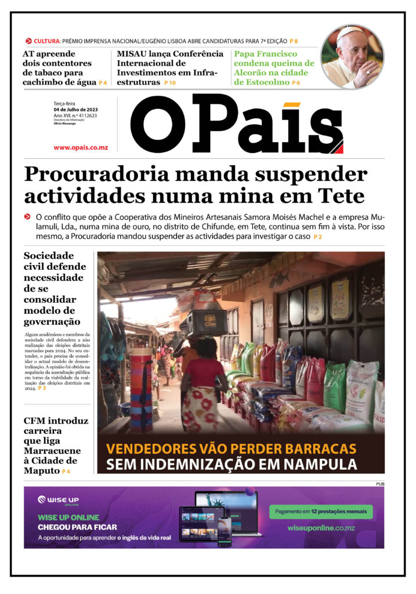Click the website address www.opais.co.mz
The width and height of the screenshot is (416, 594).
[x=81, y=148]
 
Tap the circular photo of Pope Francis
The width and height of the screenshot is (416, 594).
[x=352, y=56]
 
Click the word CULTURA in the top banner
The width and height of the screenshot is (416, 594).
[x=46, y=41]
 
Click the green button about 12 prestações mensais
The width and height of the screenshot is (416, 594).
[x=320, y=512]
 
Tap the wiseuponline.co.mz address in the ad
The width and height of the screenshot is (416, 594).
[x=321, y=528]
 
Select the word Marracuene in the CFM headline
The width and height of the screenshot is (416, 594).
[x=52, y=451]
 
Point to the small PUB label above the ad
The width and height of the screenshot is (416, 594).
[x=379, y=484]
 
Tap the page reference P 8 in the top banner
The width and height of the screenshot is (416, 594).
[x=294, y=41]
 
